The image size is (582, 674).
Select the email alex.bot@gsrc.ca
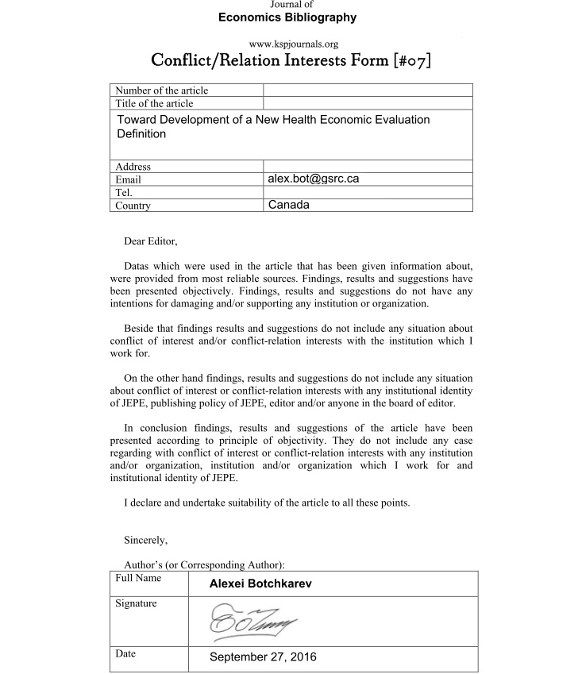pyautogui.click(x=313, y=179)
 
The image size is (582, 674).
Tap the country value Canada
pyautogui.click(x=288, y=205)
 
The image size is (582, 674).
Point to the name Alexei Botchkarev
pyautogui.click(x=260, y=583)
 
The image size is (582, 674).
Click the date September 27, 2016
pyautogui.click(x=263, y=657)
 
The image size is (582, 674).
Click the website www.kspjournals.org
pyautogui.click(x=287, y=44)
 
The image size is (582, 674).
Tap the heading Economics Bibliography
pyautogui.click(x=287, y=17)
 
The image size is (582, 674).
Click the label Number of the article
pyautogui.click(x=162, y=91)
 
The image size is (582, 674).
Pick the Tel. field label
pyautogui.click(x=124, y=193)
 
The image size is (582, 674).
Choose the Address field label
pyautogui.click(x=133, y=167)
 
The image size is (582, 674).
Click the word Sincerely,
pyautogui.click(x=146, y=541)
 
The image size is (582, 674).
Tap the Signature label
pyautogui.click(x=136, y=604)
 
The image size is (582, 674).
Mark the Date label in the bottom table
pyautogui.click(x=125, y=654)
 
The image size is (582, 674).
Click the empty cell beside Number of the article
pyautogui.click(x=368, y=91)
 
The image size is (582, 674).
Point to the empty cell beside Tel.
pyautogui.click(x=368, y=193)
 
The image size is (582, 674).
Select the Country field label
pyautogui.click(x=133, y=206)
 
